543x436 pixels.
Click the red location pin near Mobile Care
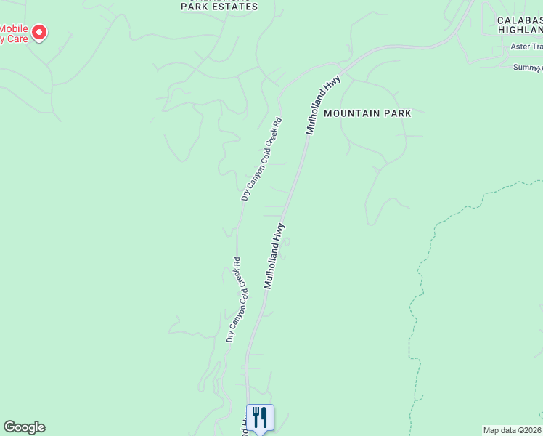[x=40, y=32]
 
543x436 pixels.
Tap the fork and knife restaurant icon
[x=260, y=417]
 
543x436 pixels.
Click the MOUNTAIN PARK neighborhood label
[x=367, y=113]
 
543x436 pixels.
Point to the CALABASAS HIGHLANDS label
[x=520, y=25]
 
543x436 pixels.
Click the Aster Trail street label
[x=526, y=46]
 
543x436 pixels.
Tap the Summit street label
[x=527, y=67]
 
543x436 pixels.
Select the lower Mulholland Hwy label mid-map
[x=274, y=256]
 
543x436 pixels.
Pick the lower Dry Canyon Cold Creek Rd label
[x=233, y=299]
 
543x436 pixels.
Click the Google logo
[x=24, y=427]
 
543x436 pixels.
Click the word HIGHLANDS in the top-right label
[x=520, y=30]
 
